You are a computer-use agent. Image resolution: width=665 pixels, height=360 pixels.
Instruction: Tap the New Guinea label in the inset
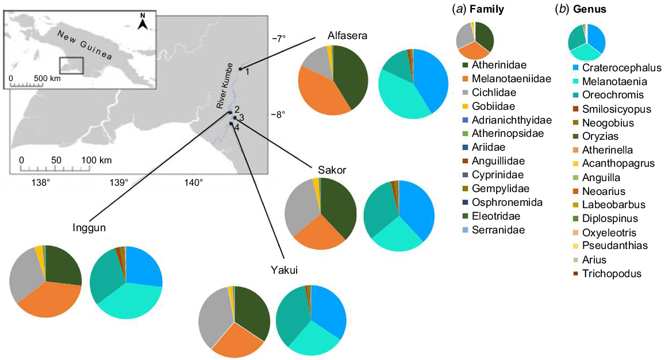[85, 45]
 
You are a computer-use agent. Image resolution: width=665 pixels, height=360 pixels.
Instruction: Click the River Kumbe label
[224, 86]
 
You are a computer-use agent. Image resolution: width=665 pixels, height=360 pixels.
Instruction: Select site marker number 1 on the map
[240, 69]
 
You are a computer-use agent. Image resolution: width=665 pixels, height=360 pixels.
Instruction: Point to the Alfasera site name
[347, 36]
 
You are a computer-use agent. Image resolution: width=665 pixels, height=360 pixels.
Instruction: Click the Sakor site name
[332, 170]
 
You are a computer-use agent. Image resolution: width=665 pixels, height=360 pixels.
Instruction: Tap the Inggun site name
[89, 228]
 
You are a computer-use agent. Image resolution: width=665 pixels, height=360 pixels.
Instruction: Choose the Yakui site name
[284, 270]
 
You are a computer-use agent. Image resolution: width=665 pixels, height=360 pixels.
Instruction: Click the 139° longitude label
[119, 183]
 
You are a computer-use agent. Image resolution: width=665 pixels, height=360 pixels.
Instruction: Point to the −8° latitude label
[278, 114]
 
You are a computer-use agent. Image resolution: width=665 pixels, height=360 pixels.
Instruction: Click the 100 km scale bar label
[96, 160]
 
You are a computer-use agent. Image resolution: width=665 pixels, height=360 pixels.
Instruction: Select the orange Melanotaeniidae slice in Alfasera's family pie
[320, 94]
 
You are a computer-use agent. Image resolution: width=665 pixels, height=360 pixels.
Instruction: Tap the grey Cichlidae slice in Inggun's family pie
[25, 271]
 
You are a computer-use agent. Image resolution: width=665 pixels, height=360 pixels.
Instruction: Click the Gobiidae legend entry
[489, 106]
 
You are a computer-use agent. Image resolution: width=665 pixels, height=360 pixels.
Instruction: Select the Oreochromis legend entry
[608, 95]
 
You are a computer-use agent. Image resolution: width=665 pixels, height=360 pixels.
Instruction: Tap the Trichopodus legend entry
[606, 274]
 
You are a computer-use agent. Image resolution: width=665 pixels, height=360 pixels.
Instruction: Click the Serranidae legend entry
[493, 230]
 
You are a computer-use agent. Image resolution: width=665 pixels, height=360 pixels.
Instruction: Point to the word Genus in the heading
[589, 9]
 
